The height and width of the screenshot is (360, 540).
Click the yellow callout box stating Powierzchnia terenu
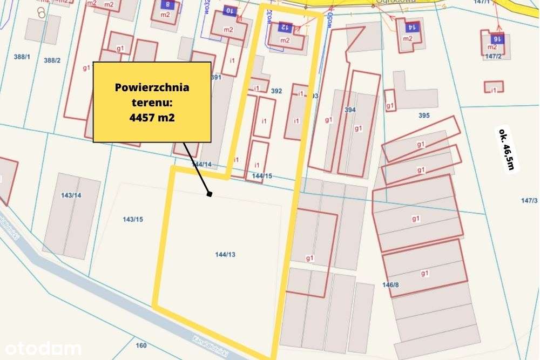(152, 101)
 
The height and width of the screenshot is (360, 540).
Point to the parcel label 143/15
(133, 219)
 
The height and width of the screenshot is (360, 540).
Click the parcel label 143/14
(71, 195)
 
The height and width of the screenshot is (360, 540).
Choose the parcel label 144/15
(262, 176)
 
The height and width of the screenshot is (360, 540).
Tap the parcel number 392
(276, 91)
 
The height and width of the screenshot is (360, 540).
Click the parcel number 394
(350, 110)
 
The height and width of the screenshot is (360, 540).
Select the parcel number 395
(424, 116)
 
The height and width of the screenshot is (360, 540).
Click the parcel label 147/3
(529, 201)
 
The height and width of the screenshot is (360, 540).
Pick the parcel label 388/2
(52, 60)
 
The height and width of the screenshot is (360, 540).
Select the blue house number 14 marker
(411, 26)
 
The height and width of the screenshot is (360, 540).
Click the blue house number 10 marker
(229, 11)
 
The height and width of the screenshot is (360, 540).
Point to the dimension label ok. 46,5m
(507, 149)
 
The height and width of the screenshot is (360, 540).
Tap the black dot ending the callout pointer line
(210, 194)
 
